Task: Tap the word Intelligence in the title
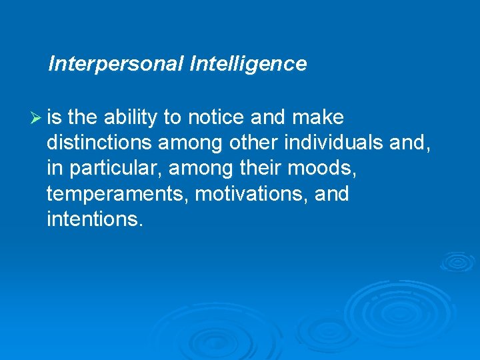click(x=248, y=64)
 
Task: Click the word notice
click(x=215, y=118)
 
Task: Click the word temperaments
click(x=106, y=194)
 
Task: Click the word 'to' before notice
click(x=172, y=118)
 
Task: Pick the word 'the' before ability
click(x=83, y=118)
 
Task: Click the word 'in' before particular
click(x=55, y=169)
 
